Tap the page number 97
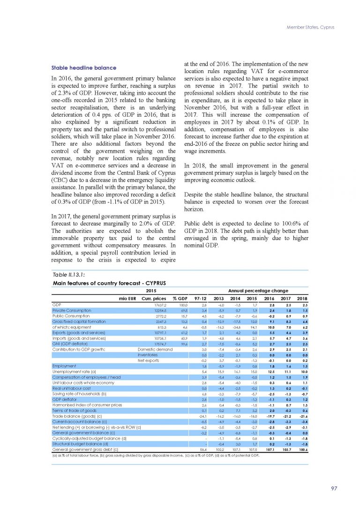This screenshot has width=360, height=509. pos(334,488)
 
